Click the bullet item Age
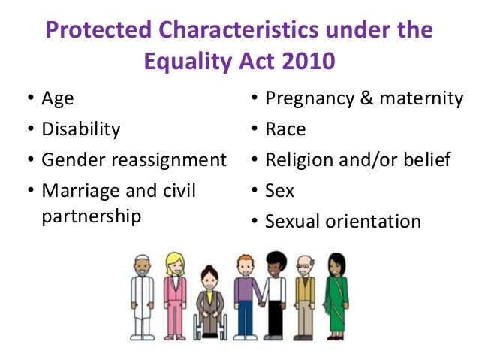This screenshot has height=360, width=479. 57,98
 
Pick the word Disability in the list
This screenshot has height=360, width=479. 80,129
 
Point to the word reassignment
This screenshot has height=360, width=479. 178,160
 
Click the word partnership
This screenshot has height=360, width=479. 92,216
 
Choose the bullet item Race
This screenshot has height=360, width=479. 285,129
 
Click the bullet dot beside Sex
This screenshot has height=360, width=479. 255,192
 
